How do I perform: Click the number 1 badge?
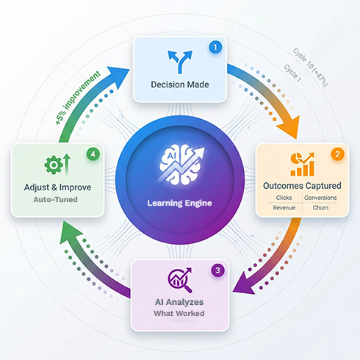point(215,47)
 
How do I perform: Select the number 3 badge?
point(219,270)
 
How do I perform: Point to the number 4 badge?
point(93,154)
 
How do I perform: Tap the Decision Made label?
point(180,84)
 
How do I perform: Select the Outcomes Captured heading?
point(302,185)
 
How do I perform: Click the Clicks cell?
point(284,197)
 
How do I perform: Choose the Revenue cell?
point(284,208)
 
